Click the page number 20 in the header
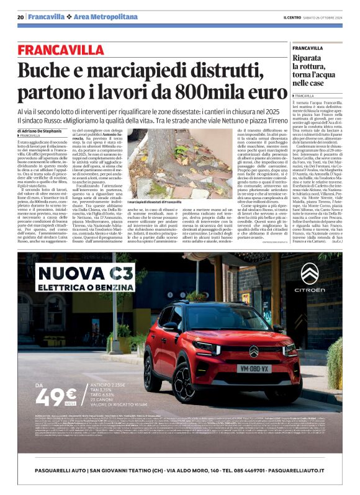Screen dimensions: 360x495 click(20, 17)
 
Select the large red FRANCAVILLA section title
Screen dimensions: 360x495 click(70, 50)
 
